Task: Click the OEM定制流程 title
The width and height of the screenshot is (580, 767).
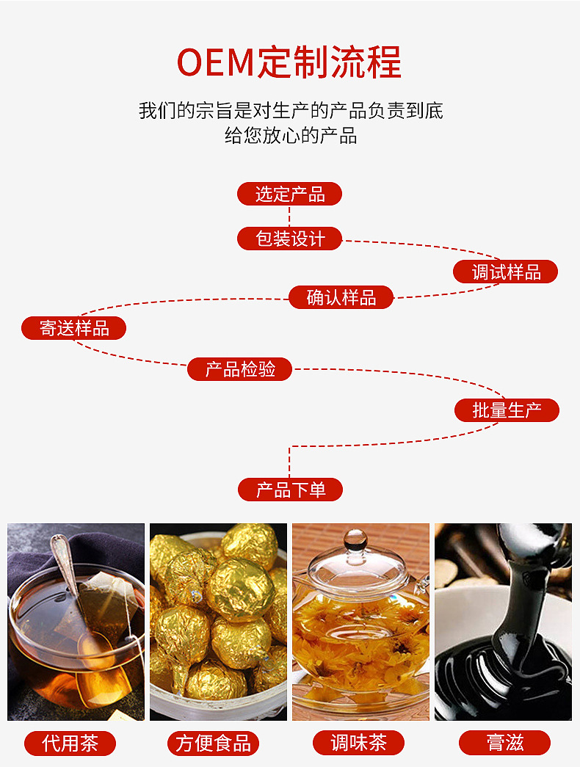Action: (x=289, y=62)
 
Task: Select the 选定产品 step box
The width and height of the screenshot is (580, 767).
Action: (x=289, y=195)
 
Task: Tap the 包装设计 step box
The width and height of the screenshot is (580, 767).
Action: (x=289, y=239)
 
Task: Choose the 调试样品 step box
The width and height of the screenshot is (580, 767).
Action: (x=505, y=272)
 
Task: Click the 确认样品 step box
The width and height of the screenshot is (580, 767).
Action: (x=341, y=297)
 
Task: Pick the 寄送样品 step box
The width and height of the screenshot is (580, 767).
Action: (x=73, y=328)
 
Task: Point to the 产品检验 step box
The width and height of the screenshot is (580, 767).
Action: (x=239, y=369)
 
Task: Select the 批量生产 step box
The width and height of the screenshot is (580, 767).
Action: (x=507, y=410)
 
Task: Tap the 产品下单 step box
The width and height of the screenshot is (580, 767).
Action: (x=290, y=490)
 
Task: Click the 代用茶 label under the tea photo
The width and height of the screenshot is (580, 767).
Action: (x=70, y=743)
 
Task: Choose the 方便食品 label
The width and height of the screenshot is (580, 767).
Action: (x=213, y=743)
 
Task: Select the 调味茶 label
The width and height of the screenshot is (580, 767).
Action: (x=358, y=743)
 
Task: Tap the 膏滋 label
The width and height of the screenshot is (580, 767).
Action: (x=504, y=743)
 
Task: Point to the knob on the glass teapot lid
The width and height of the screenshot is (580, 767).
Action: (x=355, y=540)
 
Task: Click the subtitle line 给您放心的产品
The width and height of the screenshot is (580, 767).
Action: (x=290, y=136)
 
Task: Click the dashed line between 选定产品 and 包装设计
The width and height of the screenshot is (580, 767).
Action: (x=289, y=217)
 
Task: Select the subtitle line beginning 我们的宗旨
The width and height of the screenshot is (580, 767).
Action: (x=290, y=111)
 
